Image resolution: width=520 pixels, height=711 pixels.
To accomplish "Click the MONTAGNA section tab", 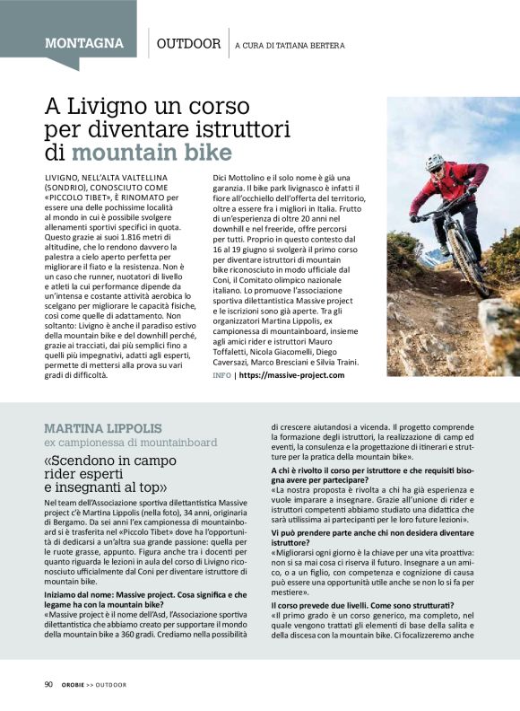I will click(83, 43).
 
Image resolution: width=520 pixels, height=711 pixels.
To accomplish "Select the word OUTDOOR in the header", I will click(188, 43).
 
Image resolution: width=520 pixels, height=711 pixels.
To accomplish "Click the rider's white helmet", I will click(435, 162).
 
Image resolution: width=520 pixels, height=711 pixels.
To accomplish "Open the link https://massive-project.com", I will click(292, 374).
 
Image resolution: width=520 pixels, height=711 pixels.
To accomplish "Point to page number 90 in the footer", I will click(48, 684).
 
